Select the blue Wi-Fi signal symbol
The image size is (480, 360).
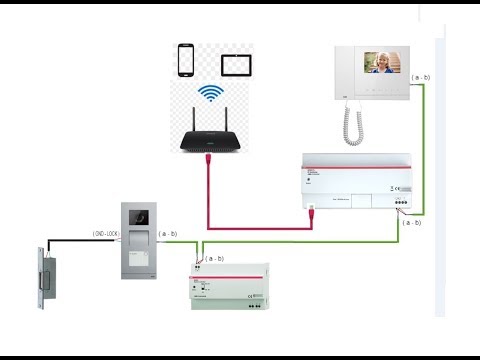(x=210, y=95)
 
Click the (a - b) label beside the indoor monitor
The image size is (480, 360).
(x=421, y=76)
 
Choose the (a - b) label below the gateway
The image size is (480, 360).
(x=411, y=223)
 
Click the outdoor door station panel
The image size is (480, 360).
(x=138, y=240)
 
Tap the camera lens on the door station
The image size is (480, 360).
(x=138, y=215)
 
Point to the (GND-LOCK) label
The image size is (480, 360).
(x=107, y=234)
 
